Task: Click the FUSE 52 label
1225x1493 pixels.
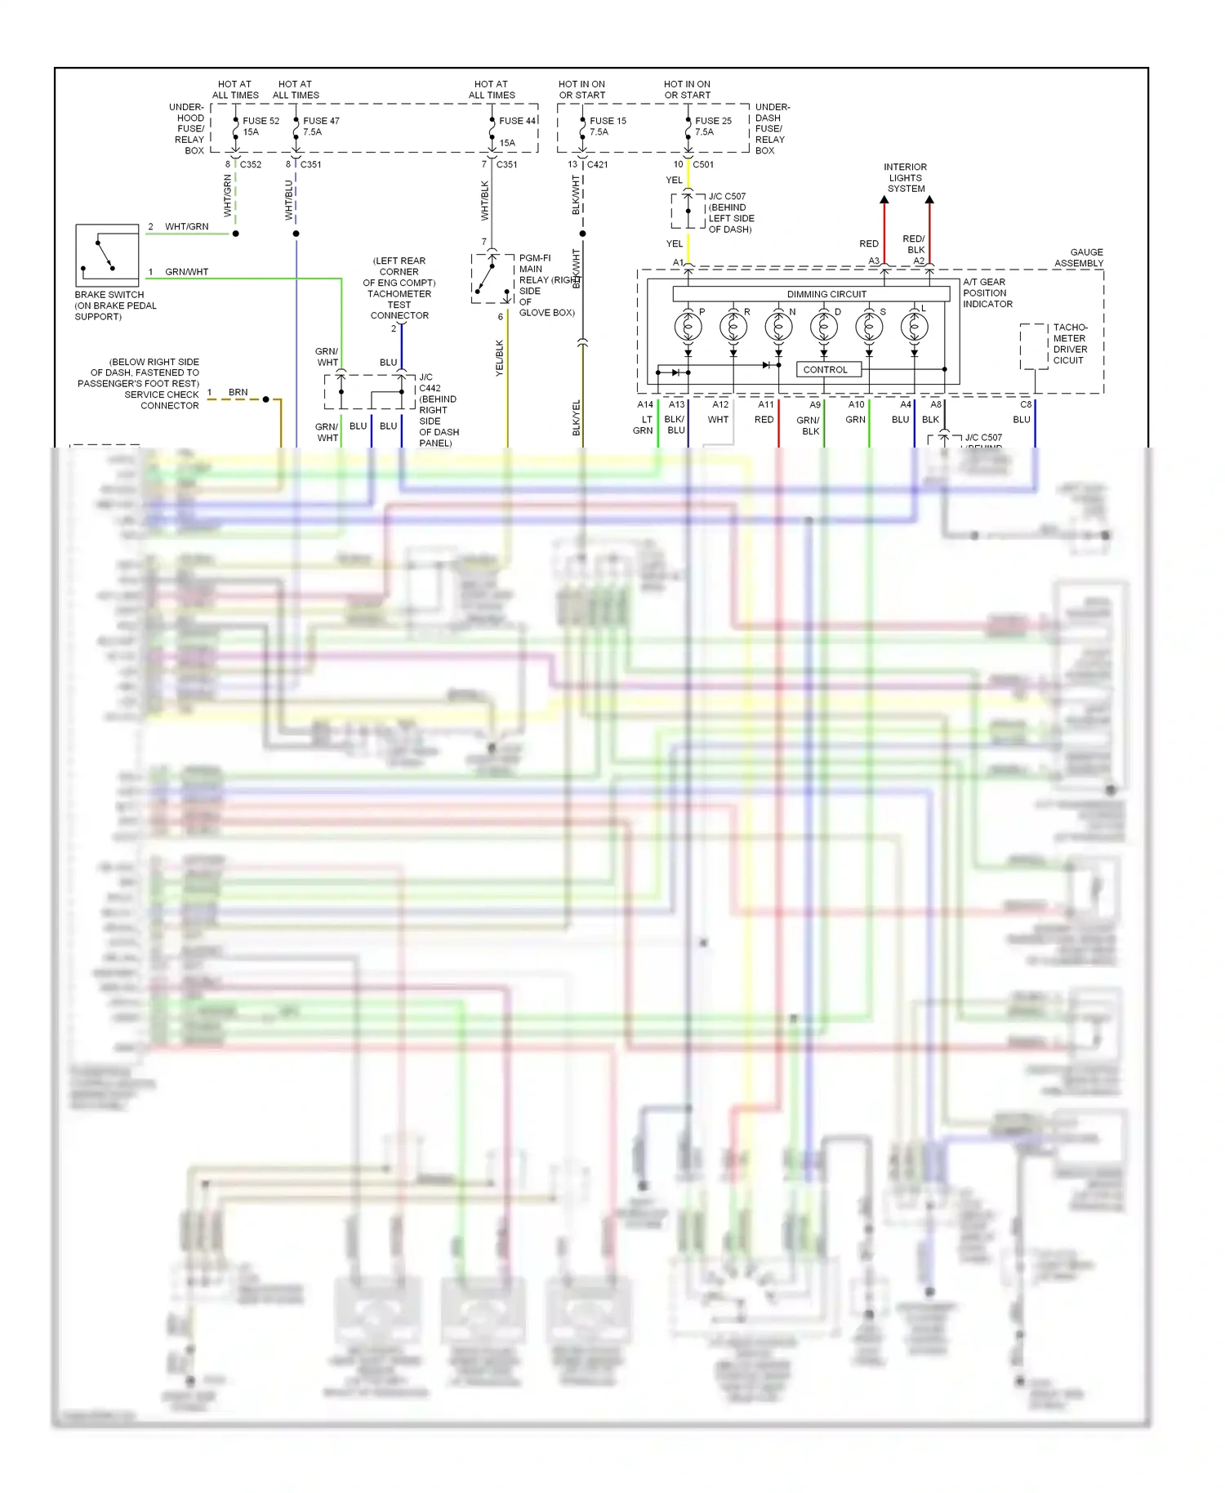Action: pyautogui.click(x=261, y=121)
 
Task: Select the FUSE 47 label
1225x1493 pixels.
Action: pyautogui.click(x=321, y=121)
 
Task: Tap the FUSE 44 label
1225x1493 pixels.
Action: pyautogui.click(x=518, y=121)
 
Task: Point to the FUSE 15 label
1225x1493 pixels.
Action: pyautogui.click(x=608, y=121)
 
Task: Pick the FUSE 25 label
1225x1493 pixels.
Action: pyautogui.click(x=713, y=121)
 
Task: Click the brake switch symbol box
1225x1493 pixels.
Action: pyautogui.click(x=107, y=255)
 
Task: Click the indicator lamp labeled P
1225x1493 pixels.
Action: pyautogui.click(x=688, y=327)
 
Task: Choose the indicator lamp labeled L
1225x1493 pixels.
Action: pyautogui.click(x=914, y=327)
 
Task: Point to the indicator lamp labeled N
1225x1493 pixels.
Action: pyautogui.click(x=778, y=327)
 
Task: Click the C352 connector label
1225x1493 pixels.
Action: pyautogui.click(x=250, y=164)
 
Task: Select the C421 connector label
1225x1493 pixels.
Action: pyautogui.click(x=597, y=164)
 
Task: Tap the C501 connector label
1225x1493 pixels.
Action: pyautogui.click(x=703, y=164)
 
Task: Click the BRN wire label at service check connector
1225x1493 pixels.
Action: pyautogui.click(x=238, y=392)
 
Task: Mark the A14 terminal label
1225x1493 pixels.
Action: pyautogui.click(x=645, y=404)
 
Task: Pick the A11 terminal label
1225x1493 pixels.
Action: pyautogui.click(x=765, y=404)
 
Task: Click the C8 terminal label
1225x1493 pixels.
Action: pyautogui.click(x=1026, y=404)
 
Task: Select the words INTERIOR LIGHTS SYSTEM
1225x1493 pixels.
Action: pyautogui.click(x=906, y=177)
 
